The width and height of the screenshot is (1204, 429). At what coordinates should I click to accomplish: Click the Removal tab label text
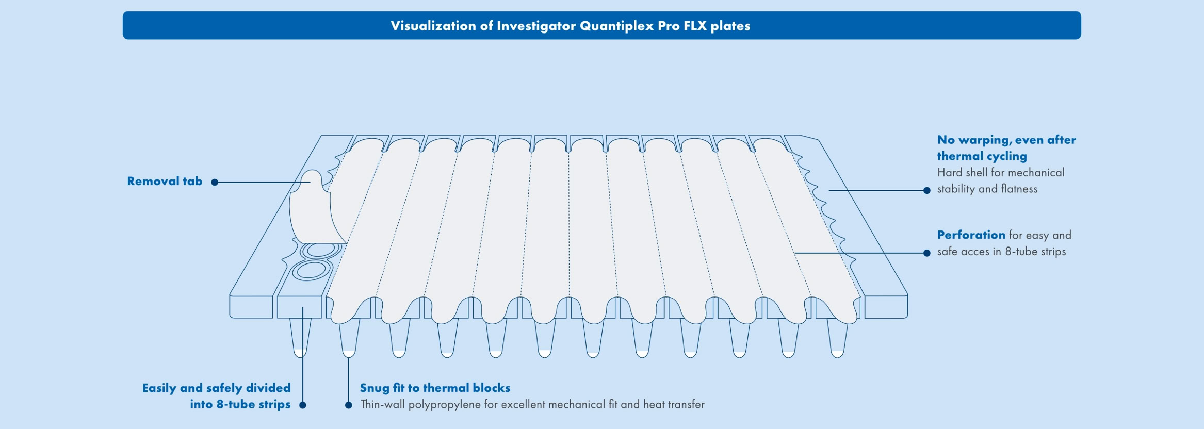pyautogui.click(x=165, y=181)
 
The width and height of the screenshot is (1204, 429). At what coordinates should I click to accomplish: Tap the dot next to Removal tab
pyautogui.click(x=215, y=182)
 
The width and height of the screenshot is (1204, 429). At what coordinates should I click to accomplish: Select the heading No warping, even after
pyautogui.click(x=1006, y=140)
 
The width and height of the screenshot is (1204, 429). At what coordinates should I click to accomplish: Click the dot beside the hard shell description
pyautogui.click(x=926, y=190)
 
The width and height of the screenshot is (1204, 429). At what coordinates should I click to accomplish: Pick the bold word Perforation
pyautogui.click(x=971, y=235)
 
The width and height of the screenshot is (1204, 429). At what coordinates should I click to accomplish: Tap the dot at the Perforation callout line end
pyautogui.click(x=926, y=253)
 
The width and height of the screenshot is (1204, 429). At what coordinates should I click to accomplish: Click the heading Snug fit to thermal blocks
pyautogui.click(x=435, y=388)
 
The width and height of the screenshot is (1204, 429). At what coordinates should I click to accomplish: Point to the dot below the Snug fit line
pyautogui.click(x=349, y=405)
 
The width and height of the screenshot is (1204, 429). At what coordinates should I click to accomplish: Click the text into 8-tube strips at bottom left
pyautogui.click(x=240, y=404)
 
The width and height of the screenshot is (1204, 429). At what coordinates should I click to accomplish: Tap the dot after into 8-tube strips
pyautogui.click(x=303, y=405)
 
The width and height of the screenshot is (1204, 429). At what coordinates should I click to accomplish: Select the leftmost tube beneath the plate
pyautogui.click(x=300, y=338)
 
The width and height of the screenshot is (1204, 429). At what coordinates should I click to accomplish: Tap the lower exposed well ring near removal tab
pyautogui.click(x=311, y=270)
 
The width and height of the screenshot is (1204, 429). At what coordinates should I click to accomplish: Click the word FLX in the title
pyautogui.click(x=695, y=26)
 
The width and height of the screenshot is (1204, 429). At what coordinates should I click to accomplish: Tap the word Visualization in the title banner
pyautogui.click(x=433, y=26)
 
